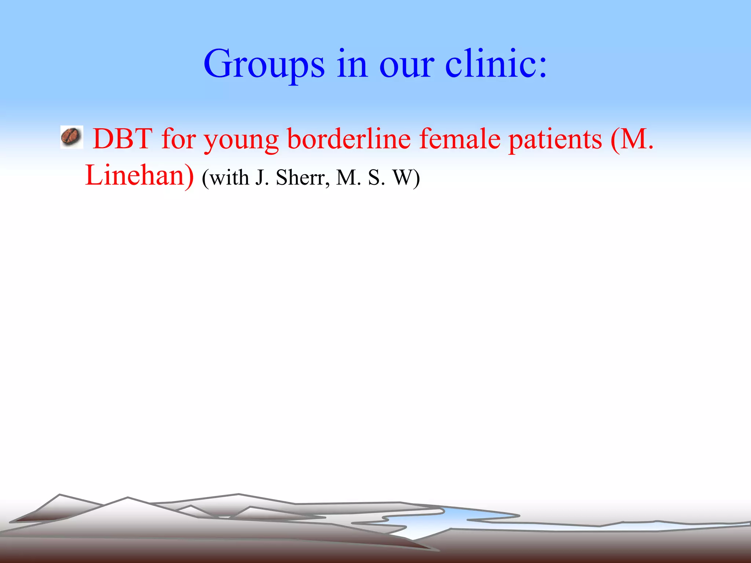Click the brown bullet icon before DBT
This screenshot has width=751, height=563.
pyautogui.click(x=71, y=137)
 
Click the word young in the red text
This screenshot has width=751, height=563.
pyautogui.click(x=241, y=140)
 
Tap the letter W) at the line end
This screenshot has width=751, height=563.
pyautogui.click(x=406, y=178)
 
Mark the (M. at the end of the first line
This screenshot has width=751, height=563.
pyautogui.click(x=632, y=139)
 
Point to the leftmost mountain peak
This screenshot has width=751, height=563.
pyautogui.click(x=59, y=496)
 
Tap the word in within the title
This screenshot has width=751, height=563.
pyautogui.click(x=352, y=64)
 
